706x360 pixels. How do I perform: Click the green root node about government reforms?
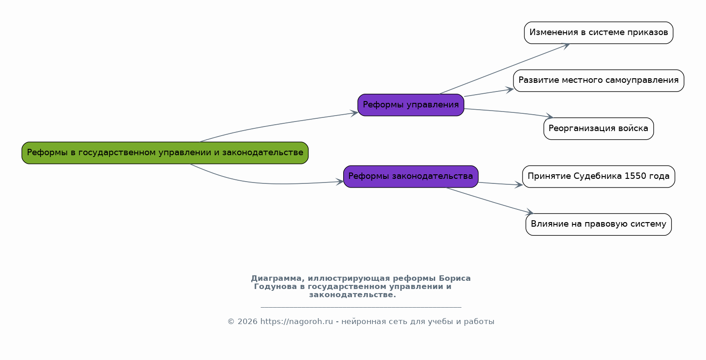coord(165,153)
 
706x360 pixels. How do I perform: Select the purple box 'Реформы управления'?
coord(411,105)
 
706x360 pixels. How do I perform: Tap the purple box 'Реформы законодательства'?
coord(411,177)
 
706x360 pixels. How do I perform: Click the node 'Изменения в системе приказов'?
coord(599,33)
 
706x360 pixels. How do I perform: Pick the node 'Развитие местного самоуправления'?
coord(599,81)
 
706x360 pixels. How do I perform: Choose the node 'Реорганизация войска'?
coord(599,129)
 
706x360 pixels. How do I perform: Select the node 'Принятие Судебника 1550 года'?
coord(599,177)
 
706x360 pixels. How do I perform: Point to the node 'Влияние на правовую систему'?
coord(599,224)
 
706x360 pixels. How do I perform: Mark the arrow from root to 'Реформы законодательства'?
coord(268,183)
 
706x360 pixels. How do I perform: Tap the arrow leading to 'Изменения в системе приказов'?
coord(504,69)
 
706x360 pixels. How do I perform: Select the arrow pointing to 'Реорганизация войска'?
coord(509,112)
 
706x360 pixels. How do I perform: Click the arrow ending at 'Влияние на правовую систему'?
coord(489,201)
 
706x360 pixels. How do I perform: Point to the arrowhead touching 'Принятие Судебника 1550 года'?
coord(519,185)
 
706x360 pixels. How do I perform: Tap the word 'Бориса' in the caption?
coord(455,279)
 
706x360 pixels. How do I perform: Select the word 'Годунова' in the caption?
coord(275,287)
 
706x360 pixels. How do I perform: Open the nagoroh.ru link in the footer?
coord(297,322)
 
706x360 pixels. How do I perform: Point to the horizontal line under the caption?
coord(361,307)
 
